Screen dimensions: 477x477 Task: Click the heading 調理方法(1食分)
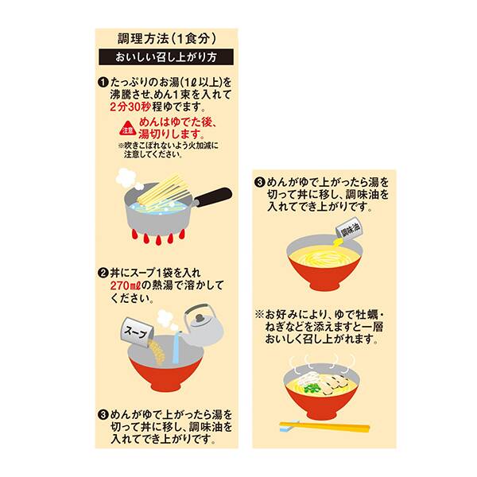(166, 37)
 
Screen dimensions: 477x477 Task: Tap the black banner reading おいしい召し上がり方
(166, 57)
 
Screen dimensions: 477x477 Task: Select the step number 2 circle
(103, 272)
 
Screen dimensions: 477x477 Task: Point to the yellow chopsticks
(325, 427)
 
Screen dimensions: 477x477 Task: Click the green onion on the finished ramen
(315, 387)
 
